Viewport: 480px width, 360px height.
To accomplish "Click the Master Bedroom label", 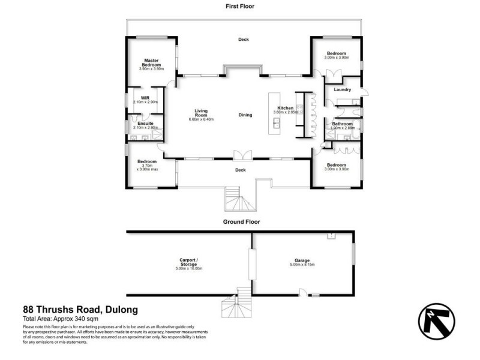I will coord(151,62).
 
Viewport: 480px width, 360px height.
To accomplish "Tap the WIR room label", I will coord(145,97).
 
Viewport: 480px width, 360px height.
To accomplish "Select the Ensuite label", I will coord(145,123).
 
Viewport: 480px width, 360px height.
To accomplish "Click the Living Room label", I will coord(200,112).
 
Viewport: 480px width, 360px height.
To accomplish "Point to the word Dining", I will coord(245,115).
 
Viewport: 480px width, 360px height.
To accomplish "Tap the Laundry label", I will coord(343,90).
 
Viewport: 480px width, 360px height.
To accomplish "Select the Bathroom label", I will coord(342,124).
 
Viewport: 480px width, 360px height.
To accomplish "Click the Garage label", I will coord(302,260).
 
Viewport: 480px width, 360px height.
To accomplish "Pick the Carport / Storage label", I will coord(189,262).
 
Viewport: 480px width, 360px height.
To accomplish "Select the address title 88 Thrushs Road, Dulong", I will coord(80,310).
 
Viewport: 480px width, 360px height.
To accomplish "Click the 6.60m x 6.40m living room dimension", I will coord(200,119).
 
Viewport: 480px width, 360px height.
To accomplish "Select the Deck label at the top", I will coord(243,40).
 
